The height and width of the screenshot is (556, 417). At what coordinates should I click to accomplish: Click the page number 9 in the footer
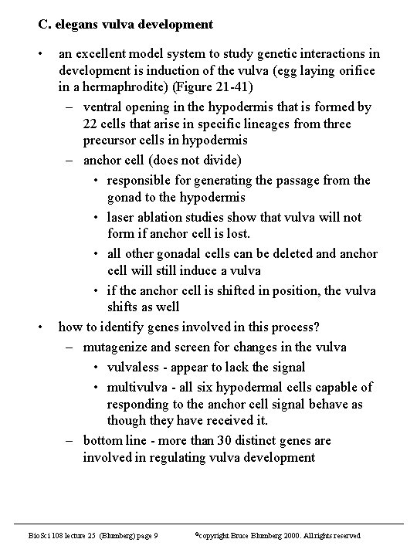(157, 535)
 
